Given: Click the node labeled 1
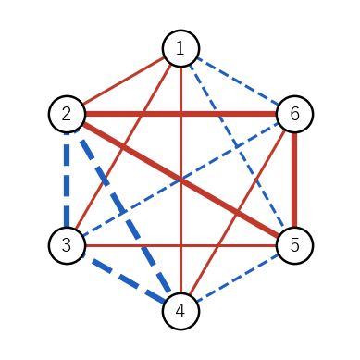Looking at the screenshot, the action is coord(180,48).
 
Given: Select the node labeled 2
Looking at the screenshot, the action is coord(67,114).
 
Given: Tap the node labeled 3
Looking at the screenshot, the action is coord(67,245).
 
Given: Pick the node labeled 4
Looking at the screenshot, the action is coord(180,311).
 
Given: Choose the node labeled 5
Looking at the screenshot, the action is coord(295,245).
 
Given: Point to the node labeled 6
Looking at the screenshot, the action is coord(295,114).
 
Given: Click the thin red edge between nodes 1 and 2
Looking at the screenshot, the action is coord(124,81).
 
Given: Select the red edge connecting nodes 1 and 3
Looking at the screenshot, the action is coord(124,147).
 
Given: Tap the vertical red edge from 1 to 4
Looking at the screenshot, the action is coord(180,180).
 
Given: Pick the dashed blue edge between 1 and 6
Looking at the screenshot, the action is coord(238,81).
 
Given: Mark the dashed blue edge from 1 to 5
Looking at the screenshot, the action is coord(238,147).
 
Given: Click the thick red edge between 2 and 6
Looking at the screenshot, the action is coord(180,114).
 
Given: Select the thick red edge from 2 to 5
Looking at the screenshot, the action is coord(180,180).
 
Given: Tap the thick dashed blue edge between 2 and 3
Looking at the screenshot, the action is coord(67,180).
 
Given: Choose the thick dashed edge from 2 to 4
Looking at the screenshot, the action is coord(124,213).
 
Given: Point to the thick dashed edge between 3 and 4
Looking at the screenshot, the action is coord(124,279).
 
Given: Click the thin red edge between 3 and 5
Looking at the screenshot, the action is coord(180,245).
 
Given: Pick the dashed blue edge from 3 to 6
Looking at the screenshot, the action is coord(180,180).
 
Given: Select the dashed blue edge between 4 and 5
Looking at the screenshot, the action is coord(238,279).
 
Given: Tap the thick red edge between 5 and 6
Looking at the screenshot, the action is coord(295,180).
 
